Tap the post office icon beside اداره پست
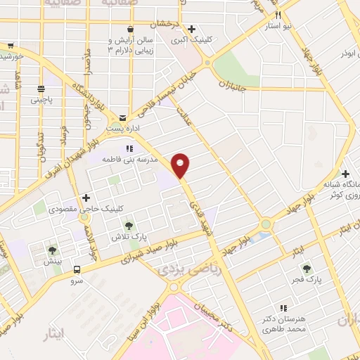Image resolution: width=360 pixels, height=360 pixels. [x=123, y=117]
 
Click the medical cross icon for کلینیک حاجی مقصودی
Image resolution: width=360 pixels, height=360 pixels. [x=86, y=198]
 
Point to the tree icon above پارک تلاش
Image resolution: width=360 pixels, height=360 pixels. [x=129, y=226]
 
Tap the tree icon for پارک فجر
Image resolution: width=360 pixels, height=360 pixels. [x=306, y=268]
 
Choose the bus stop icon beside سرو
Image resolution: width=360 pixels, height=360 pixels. [x=76, y=270]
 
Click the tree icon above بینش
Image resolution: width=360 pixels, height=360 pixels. [x=53, y=250]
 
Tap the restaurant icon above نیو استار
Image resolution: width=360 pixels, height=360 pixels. [x=278, y=15]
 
